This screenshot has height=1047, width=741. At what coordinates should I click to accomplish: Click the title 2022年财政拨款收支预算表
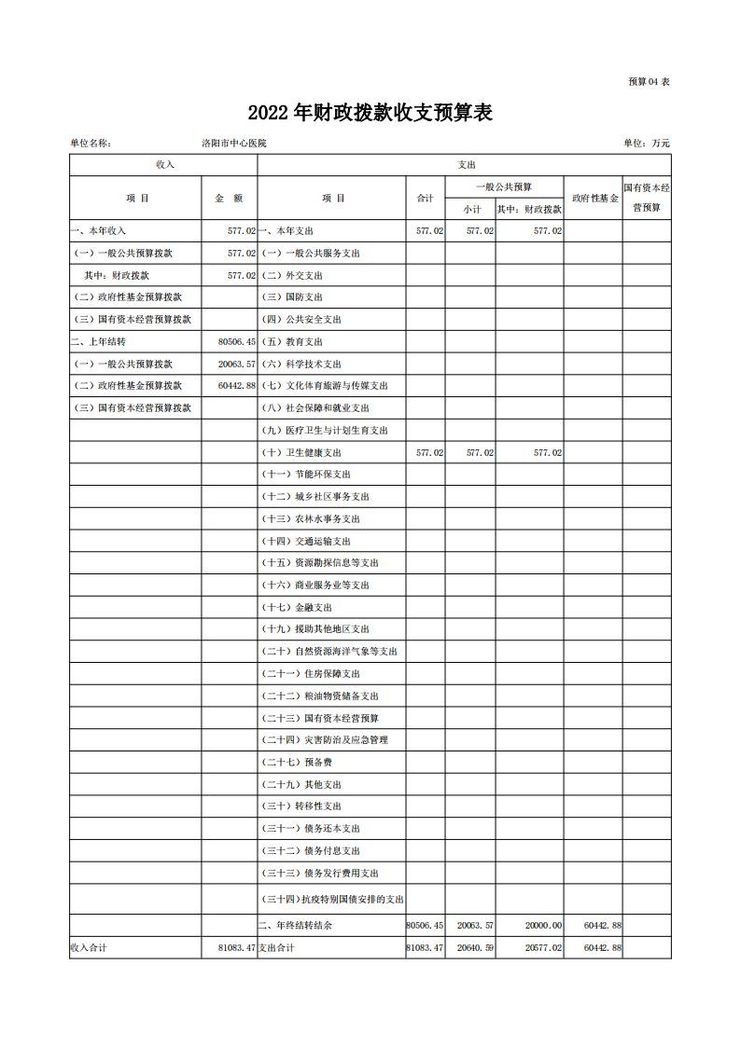[370, 113]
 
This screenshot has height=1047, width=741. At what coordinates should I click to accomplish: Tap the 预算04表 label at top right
[649, 82]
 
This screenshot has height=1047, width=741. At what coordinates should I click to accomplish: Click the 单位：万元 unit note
[646, 143]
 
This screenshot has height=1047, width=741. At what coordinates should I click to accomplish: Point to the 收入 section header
[164, 164]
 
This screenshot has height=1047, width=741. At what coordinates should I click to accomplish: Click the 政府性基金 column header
[595, 198]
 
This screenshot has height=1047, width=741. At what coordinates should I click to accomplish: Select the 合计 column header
[425, 198]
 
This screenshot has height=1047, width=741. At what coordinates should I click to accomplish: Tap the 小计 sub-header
[470, 209]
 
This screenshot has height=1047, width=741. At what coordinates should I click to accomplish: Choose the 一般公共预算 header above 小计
[504, 186]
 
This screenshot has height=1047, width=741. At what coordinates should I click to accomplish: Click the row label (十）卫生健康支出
[301, 452]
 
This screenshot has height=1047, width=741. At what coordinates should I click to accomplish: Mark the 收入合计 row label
[90, 947]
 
